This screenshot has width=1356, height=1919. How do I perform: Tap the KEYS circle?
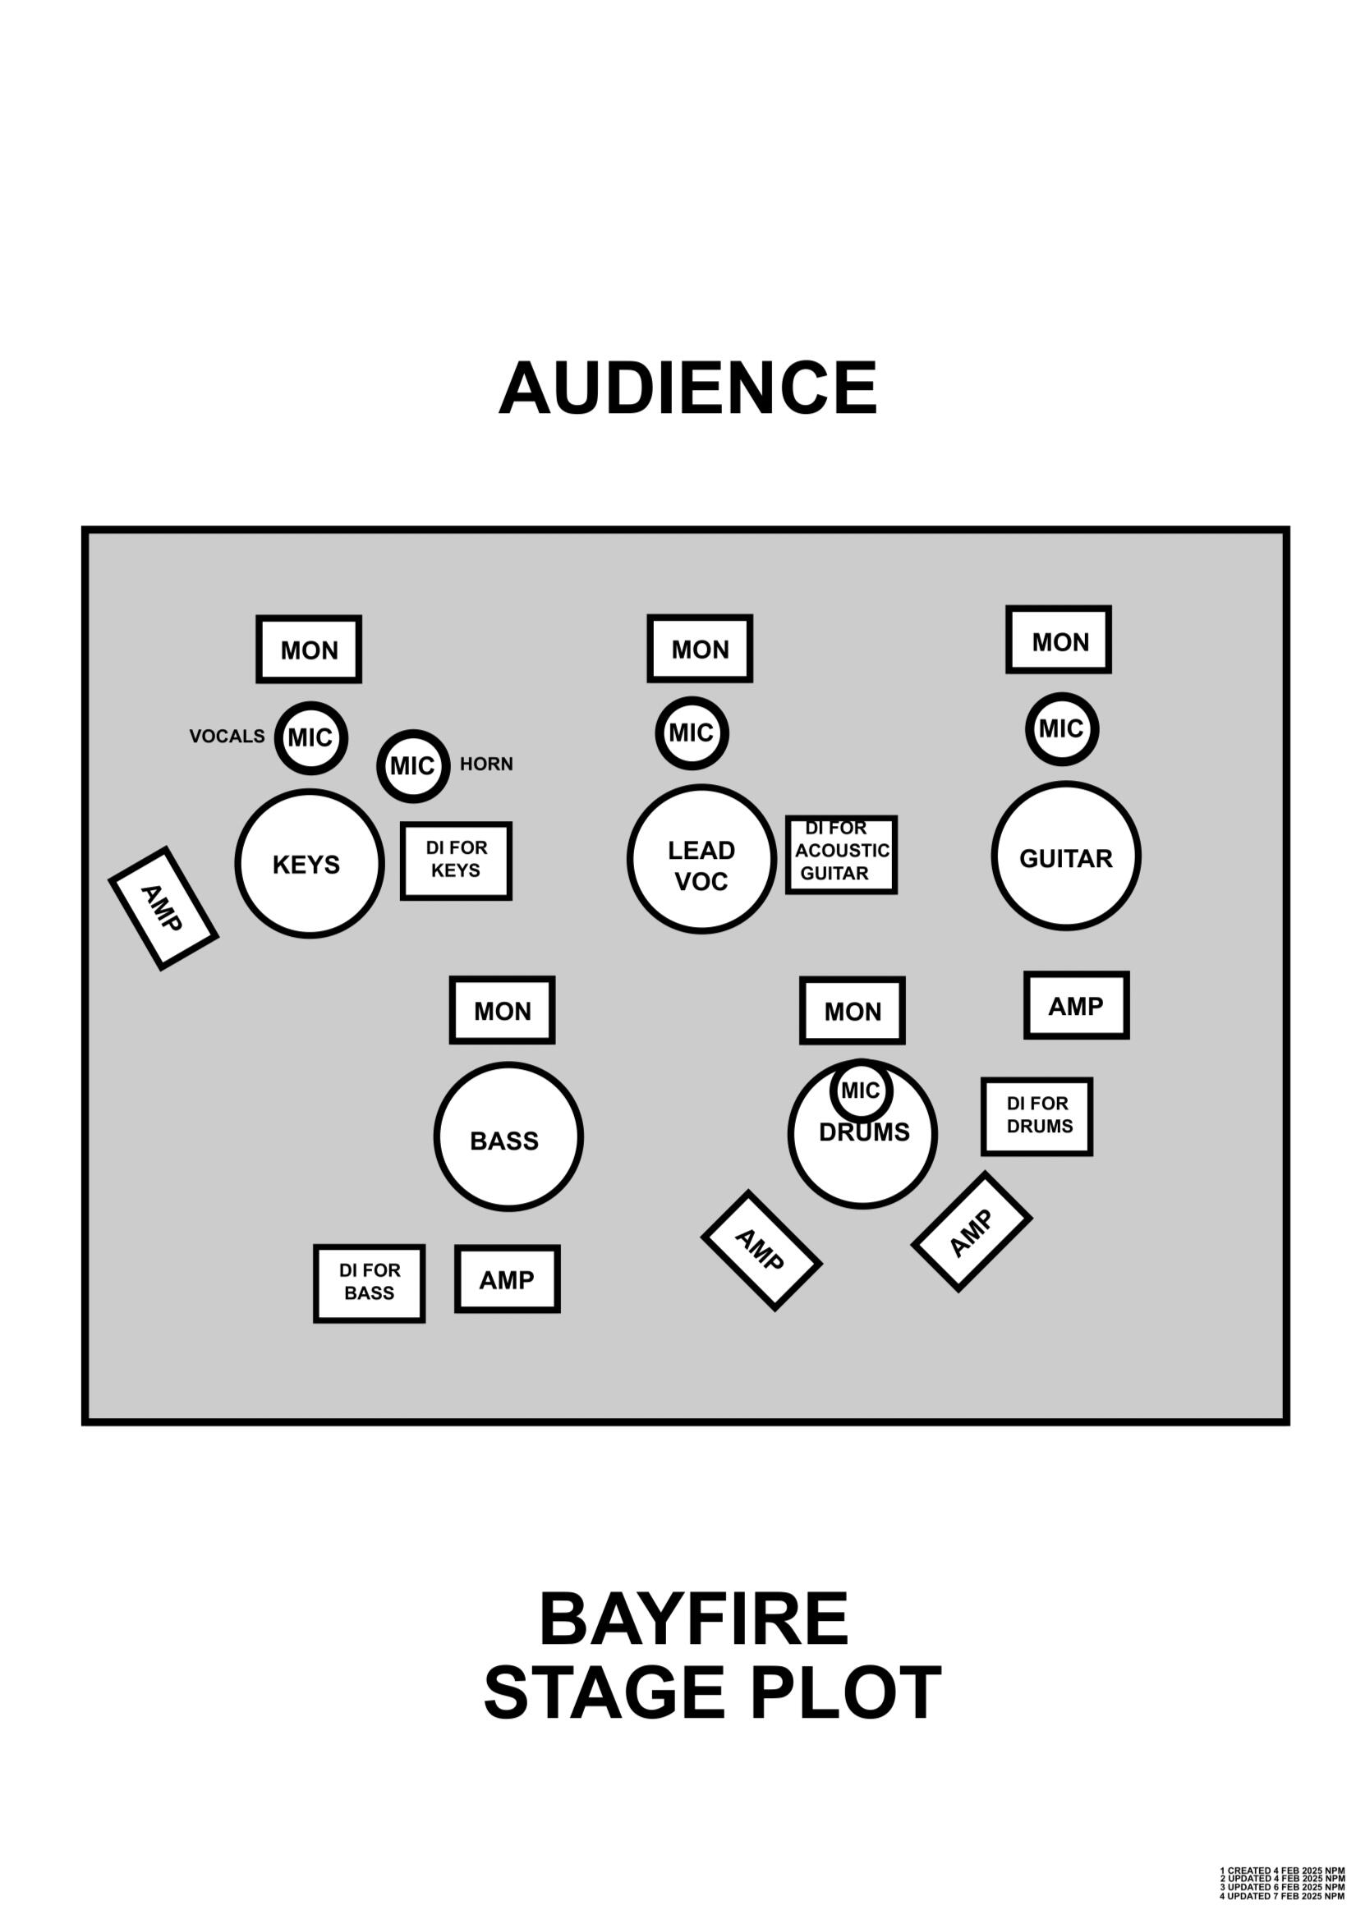pos(310,863)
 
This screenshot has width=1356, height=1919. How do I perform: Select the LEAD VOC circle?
pos(701,858)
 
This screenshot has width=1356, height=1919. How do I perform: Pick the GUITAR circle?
pos(1066,855)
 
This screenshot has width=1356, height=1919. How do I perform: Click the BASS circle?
pos(508,1136)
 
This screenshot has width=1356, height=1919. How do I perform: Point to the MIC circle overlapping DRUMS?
pos(861,1090)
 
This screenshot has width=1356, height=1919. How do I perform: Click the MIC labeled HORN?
pos(413,765)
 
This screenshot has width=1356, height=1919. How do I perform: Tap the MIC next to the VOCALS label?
pos(310,737)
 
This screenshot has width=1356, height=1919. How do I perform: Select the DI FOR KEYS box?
pos(456,860)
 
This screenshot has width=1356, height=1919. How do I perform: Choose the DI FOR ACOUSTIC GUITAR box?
pos(841,854)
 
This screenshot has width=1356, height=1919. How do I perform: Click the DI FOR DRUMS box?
pos(1037,1116)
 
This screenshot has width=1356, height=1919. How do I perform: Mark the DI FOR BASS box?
pos(369,1283)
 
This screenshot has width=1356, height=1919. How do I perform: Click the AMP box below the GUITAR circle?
pos(1076,1004)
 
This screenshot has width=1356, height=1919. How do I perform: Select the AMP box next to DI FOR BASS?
pos(507,1279)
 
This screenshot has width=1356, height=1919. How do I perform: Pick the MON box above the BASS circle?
pos(502,1010)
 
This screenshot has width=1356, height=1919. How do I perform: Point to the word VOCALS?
pos(227,737)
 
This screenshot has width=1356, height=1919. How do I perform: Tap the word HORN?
pos(486,764)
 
